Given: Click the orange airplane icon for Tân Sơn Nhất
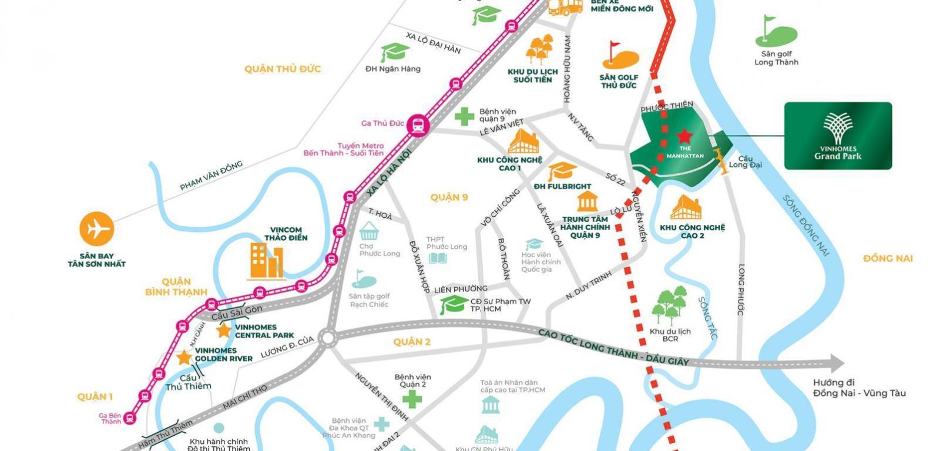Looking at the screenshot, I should coord(97,229).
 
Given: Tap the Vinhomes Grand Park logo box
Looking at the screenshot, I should coord(838,136).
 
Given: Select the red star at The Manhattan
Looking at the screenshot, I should coord(684,137).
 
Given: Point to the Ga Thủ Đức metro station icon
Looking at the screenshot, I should coord(418,124).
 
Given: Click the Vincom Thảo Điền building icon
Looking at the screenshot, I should coord(266,261).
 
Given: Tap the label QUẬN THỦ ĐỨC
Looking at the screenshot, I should coord(283,69).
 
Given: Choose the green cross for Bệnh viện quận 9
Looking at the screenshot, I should coord(464,116).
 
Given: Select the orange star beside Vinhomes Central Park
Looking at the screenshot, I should coord(223,330).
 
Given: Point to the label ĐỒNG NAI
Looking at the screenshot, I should coord(888,258).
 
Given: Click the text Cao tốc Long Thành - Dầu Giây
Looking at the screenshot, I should coord(613,347).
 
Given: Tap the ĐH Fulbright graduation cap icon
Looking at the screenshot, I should coord(562,171).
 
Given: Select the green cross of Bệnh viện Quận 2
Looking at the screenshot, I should coord(412,399).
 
